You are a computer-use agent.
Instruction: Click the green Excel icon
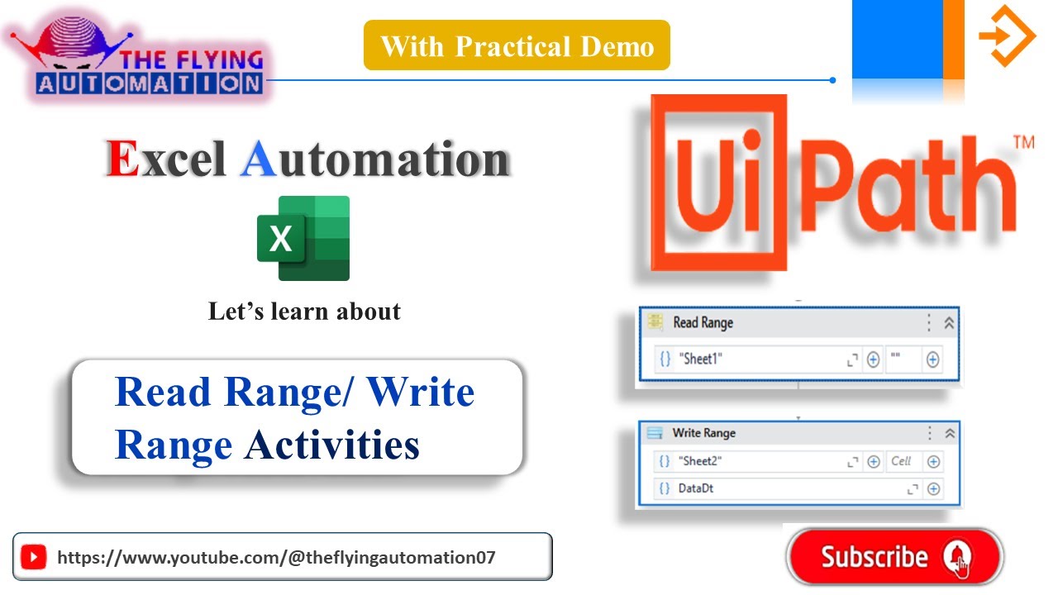[303, 238]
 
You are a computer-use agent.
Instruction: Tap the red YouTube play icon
[33, 557]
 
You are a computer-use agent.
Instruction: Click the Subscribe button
[894, 557]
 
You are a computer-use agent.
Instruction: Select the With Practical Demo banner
[517, 45]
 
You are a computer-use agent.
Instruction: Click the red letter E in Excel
[122, 159]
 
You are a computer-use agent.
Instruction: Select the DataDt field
[696, 488]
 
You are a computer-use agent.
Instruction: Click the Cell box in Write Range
[901, 461]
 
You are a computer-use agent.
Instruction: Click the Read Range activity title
[703, 322]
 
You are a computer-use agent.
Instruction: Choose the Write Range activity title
[703, 433]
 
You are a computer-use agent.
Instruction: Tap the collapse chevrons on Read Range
[949, 323]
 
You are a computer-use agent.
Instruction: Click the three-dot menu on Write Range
[930, 433]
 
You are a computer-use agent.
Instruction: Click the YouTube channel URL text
[276, 557]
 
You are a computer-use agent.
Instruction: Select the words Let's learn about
[304, 312]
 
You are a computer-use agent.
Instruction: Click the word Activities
[332, 445]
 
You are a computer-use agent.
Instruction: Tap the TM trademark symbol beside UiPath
[1023, 143]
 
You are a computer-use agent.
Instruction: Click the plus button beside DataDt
[933, 488]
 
